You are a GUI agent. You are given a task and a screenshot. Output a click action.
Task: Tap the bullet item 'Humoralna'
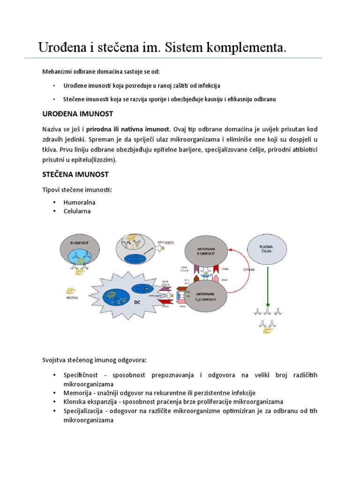pyautogui.click(x=79, y=202)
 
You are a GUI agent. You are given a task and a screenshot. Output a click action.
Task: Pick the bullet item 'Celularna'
pyautogui.click(x=77, y=211)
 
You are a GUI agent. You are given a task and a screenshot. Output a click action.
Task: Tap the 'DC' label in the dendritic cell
pyautogui.click(x=137, y=302)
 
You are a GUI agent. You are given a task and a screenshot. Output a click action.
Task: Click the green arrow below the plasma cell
pyautogui.click(x=268, y=285)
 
